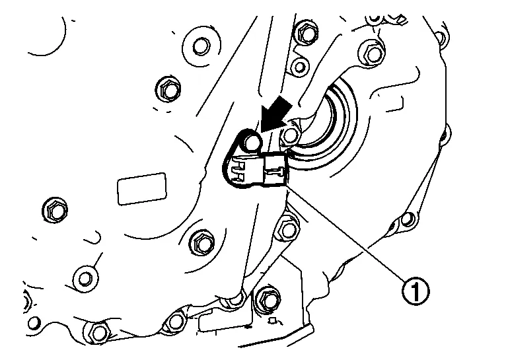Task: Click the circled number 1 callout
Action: pyautogui.click(x=416, y=291)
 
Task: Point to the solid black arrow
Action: pyautogui.click(x=275, y=116)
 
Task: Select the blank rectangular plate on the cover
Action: pyautogui.click(x=142, y=188)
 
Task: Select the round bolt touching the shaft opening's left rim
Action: pyautogui.click(x=290, y=135)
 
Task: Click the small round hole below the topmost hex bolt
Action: pyautogui.click(x=300, y=67)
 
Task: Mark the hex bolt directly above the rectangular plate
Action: pyautogui.click(x=168, y=89)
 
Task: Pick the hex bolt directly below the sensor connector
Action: pyautogui.click(x=288, y=230)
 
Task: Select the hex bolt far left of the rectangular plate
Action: pyautogui.click(x=55, y=210)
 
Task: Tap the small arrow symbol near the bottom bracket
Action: pyautogui.click(x=274, y=321)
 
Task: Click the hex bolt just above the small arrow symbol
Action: pyautogui.click(x=268, y=301)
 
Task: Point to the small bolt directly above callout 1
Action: pyautogui.click(x=406, y=220)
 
